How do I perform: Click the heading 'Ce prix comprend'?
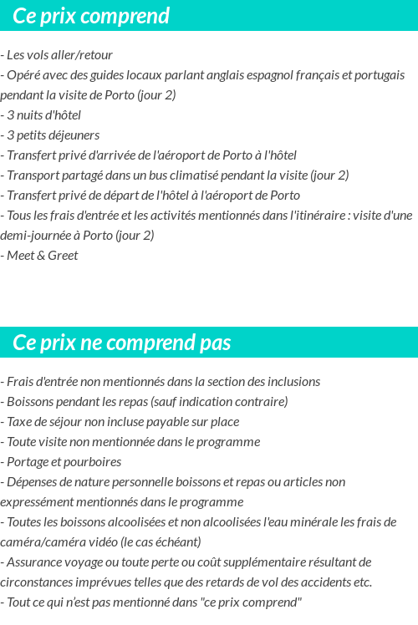(x=91, y=16)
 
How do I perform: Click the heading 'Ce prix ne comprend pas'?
(x=122, y=343)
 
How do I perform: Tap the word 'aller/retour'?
(x=82, y=55)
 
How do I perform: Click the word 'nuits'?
(x=33, y=115)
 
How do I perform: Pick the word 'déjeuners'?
(x=74, y=135)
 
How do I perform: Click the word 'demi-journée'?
(x=35, y=236)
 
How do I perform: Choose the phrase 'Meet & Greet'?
(x=43, y=256)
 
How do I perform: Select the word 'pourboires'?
(x=93, y=462)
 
